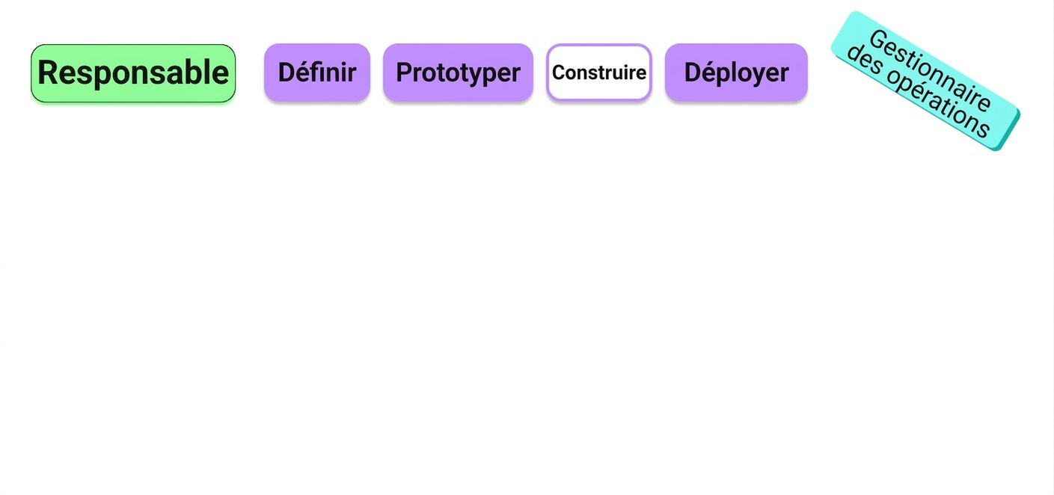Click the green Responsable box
(x=133, y=73)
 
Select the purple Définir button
(x=317, y=73)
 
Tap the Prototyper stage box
(x=458, y=73)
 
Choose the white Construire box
(x=599, y=73)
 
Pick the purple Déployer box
(x=736, y=73)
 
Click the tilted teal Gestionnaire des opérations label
(x=925, y=81)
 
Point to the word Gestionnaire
(x=931, y=70)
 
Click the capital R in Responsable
(x=48, y=73)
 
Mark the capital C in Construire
(x=559, y=73)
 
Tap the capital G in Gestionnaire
(x=878, y=40)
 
